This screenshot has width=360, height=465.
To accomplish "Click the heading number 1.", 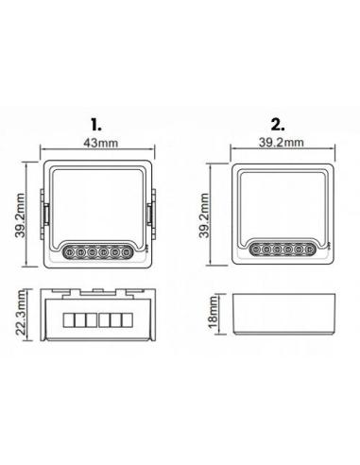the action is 96,125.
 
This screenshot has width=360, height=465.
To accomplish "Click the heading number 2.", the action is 278,125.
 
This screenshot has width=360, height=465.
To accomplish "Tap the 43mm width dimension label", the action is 101,143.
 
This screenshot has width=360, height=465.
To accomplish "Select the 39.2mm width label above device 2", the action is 282,143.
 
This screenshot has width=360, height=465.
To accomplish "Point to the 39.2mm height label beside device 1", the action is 20,215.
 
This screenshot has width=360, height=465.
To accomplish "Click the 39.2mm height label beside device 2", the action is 204,215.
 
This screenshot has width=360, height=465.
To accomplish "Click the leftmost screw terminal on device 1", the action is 69,252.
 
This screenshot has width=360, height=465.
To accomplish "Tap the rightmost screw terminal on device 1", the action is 127,252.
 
